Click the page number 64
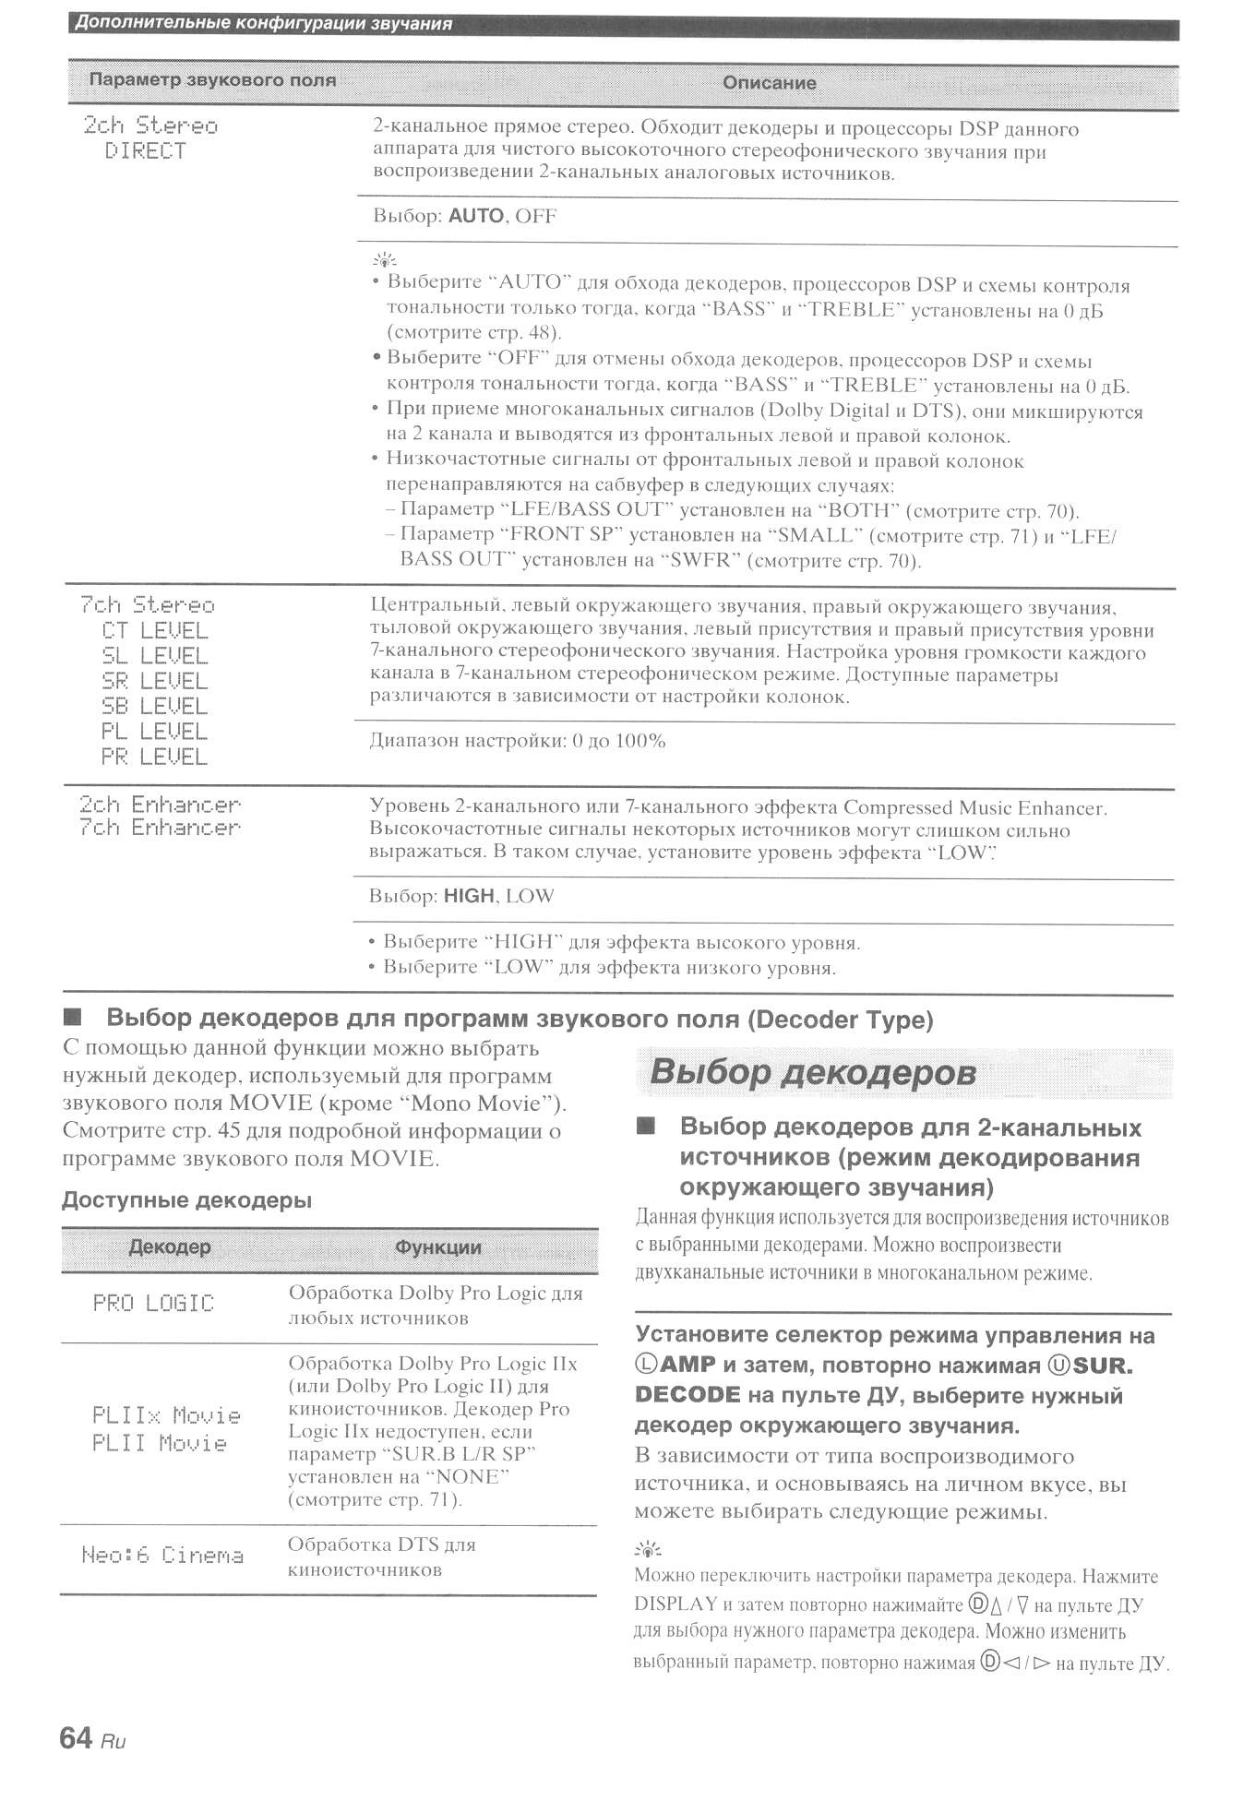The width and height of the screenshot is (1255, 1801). point(76,1738)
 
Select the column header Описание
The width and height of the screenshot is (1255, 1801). point(769,83)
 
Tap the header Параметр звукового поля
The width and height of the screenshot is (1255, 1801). point(212,80)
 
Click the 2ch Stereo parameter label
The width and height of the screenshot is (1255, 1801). point(150,125)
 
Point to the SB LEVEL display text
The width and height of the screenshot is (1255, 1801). point(155,706)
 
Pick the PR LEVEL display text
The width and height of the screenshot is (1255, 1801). point(155,757)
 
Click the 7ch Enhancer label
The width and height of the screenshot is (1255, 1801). point(160,828)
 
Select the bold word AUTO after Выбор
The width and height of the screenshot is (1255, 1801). point(475,216)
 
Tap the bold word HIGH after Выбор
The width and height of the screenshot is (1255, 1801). point(469,896)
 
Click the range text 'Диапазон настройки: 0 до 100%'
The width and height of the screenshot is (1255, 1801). point(518,741)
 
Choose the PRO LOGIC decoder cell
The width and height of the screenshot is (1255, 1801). point(153,1303)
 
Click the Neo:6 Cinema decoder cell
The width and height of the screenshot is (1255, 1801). point(162,1556)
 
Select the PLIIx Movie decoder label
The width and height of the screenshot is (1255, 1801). point(166,1415)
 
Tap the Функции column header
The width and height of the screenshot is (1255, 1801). point(438,1247)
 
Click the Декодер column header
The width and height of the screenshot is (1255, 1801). point(170,1247)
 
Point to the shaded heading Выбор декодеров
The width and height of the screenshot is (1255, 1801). point(813,1072)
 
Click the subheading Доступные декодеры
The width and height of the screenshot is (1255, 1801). point(186,1200)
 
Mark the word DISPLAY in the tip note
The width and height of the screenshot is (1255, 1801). point(675,1604)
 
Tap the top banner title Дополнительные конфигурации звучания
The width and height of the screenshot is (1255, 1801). point(263,24)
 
